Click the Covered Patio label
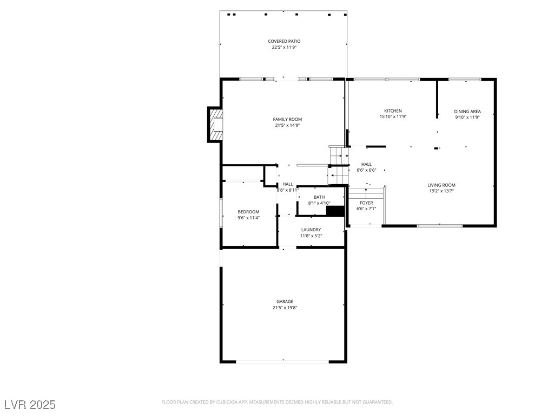pyautogui.click(x=284, y=41)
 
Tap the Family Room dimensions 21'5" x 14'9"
pyautogui.click(x=287, y=126)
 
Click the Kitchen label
pyautogui.click(x=393, y=111)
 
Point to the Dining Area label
pyautogui.click(x=467, y=112)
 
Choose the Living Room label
pyautogui.click(x=441, y=185)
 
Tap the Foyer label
pyautogui.click(x=366, y=203)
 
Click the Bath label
pyautogui.click(x=319, y=197)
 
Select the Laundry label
pyautogui.click(x=311, y=230)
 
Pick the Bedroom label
pyautogui.click(x=248, y=212)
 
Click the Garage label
pyautogui.click(x=285, y=302)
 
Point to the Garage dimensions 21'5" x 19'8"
pyautogui.click(x=285, y=308)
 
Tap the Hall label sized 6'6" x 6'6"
pyautogui.click(x=366, y=164)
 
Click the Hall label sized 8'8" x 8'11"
pyautogui.click(x=288, y=184)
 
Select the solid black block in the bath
pyautogui.click(x=335, y=211)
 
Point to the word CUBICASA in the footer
pyautogui.click(x=222, y=402)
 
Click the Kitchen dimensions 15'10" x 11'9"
pyautogui.click(x=393, y=117)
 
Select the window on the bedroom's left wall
pyautogui.click(x=221, y=212)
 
